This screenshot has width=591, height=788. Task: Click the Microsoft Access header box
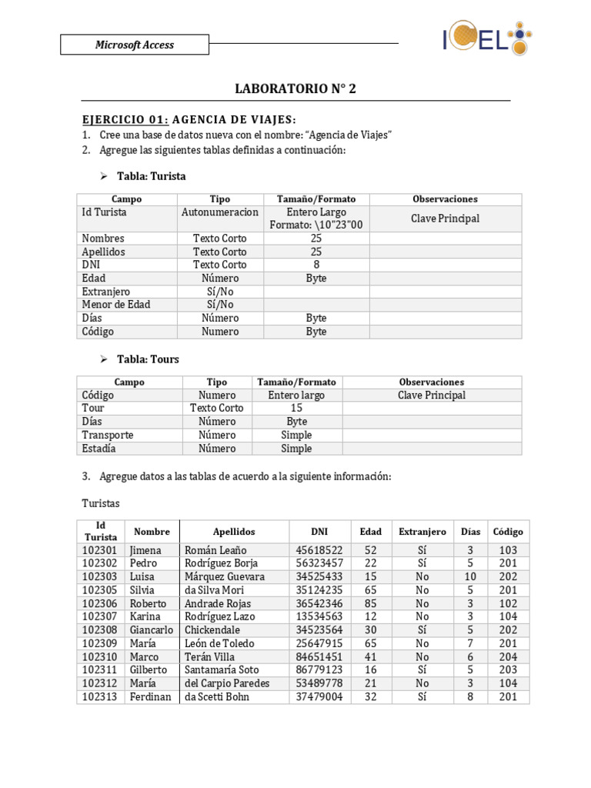pos(135,45)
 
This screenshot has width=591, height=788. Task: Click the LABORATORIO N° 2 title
pos(295,89)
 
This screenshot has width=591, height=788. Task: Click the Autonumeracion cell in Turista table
pos(220,212)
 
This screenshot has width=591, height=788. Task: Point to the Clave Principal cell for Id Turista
pos(445,219)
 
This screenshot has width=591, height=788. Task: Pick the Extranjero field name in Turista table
pos(106,292)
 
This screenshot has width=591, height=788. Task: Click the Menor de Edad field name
pos(116,305)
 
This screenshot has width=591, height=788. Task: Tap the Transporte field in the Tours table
pos(108,435)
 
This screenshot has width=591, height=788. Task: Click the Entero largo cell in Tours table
pos(296,395)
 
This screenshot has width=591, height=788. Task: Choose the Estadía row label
pos(99,448)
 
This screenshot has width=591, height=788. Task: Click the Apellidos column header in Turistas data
pos(234,532)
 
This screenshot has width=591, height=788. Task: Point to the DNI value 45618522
pos(319,550)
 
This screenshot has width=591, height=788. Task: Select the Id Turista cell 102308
pos(100,630)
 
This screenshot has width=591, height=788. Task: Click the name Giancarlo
pos(151,630)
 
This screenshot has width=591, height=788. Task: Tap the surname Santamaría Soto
pos(222,670)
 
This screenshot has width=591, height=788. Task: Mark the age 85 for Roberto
pos(370,603)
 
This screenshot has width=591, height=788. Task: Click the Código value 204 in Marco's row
pos(508,656)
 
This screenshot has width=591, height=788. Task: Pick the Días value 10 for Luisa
pos(470,576)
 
